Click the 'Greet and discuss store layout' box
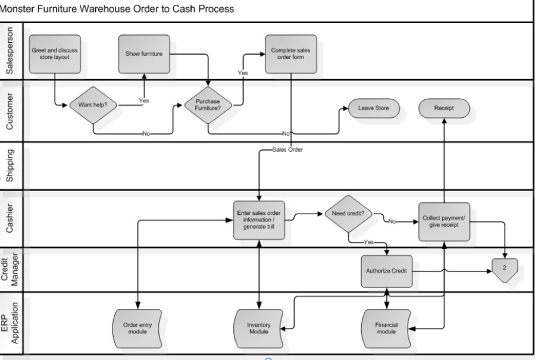click(54, 54)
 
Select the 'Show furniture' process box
click(143, 54)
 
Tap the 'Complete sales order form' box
click(291, 54)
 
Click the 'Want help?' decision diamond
click(93, 105)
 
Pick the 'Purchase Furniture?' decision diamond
click(208, 105)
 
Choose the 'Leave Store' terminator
click(373, 108)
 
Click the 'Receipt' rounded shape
click(444, 108)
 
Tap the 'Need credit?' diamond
click(348, 214)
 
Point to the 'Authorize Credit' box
click(386, 271)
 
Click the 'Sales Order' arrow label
click(288, 150)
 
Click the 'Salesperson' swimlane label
click(12, 51)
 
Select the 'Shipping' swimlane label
click(12, 166)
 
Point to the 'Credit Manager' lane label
click(12, 269)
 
